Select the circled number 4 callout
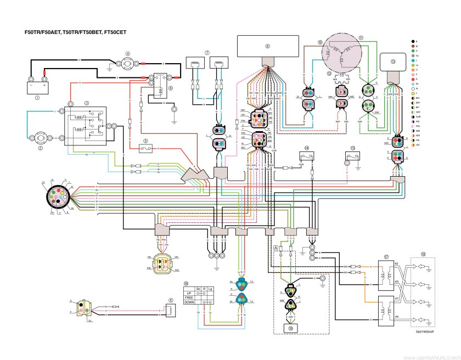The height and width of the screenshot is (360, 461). coord(127,54)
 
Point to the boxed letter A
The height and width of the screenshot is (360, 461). coord(276,248)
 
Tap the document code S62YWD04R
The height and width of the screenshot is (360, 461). coord(425,332)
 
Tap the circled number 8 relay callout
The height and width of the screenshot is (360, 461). coord(170,87)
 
